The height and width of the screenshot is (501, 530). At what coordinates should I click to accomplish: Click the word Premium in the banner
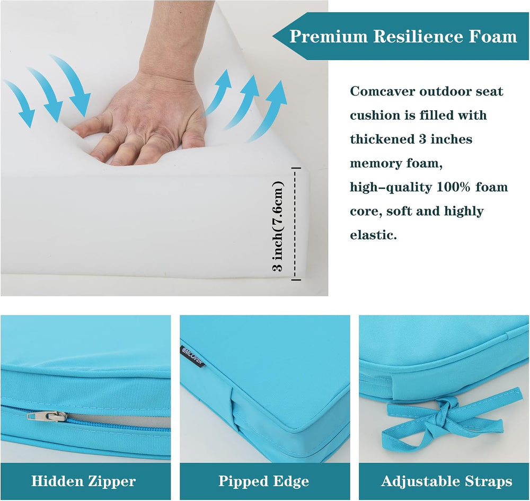pyautogui.click(x=329, y=37)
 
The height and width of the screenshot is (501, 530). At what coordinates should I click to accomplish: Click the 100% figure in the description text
pyautogui.click(x=453, y=187)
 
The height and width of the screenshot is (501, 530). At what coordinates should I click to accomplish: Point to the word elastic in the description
pyautogui.click(x=373, y=235)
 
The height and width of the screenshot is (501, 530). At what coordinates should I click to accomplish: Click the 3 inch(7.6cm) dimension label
pyautogui.click(x=278, y=226)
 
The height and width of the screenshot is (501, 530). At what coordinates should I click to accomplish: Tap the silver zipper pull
pyautogui.click(x=47, y=416)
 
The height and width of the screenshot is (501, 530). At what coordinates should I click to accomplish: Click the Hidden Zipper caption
pyautogui.click(x=84, y=481)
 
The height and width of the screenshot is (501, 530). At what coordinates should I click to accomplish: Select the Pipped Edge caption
pyautogui.click(x=263, y=481)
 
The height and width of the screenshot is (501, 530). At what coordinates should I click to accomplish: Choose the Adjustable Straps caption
pyautogui.click(x=446, y=481)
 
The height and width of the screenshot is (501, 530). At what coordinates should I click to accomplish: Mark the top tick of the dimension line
pyautogui.click(x=296, y=168)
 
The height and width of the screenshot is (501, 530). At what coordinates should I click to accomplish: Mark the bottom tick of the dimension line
pyautogui.click(x=296, y=279)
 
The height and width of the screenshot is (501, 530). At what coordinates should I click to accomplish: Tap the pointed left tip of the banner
pyautogui.click(x=273, y=36)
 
